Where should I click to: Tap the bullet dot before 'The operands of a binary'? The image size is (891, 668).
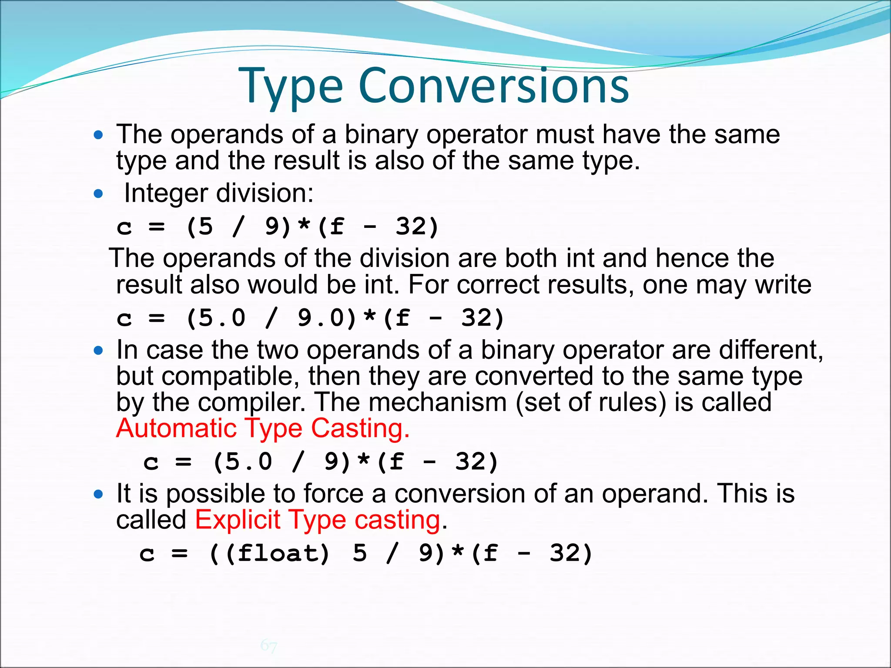click(99, 135)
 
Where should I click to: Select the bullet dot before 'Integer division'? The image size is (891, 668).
click(99, 194)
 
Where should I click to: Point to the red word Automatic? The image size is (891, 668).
click(176, 428)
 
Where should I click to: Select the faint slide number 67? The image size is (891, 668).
click(268, 645)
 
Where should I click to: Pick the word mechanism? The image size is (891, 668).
click(438, 402)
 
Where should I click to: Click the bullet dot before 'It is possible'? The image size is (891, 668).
click(99, 494)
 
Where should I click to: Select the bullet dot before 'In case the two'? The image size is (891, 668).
click(99, 351)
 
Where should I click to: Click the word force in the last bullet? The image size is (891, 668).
click(333, 494)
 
